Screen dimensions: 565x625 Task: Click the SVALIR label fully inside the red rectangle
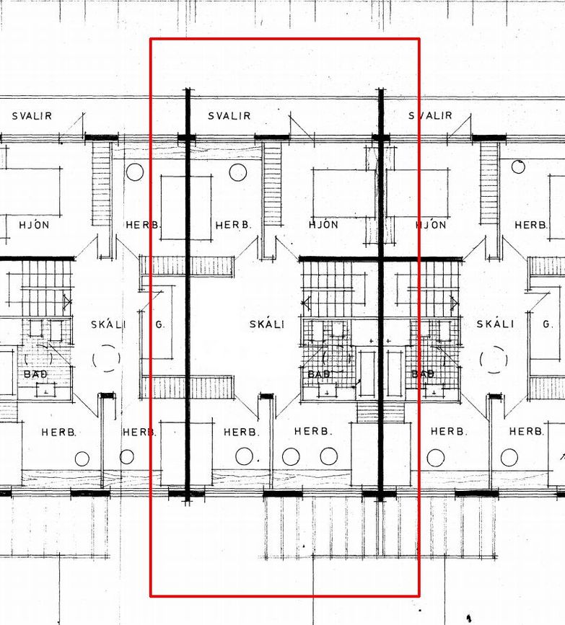(x=229, y=116)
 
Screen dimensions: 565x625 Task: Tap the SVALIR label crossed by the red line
(x=430, y=115)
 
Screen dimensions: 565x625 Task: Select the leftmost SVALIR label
(x=32, y=116)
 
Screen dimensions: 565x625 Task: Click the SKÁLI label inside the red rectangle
(x=267, y=324)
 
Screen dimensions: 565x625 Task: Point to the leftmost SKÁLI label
(x=108, y=324)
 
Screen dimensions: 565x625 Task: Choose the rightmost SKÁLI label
(x=495, y=324)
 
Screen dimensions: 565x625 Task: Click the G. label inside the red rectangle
(x=159, y=325)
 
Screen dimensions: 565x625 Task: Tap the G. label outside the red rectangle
(x=548, y=324)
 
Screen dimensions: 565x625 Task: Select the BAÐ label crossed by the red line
(x=423, y=374)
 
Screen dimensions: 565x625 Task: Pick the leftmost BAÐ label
(x=35, y=374)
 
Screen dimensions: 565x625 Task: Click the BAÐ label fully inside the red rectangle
(x=319, y=374)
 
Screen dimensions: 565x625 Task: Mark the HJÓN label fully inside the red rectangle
(x=323, y=224)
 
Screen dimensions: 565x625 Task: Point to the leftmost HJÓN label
(x=35, y=225)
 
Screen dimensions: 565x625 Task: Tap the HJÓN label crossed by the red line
(x=431, y=225)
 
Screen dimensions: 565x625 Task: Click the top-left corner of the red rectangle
(x=150, y=39)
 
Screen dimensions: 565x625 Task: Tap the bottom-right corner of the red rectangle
(x=419, y=597)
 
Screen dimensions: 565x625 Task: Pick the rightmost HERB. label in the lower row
(x=527, y=431)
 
